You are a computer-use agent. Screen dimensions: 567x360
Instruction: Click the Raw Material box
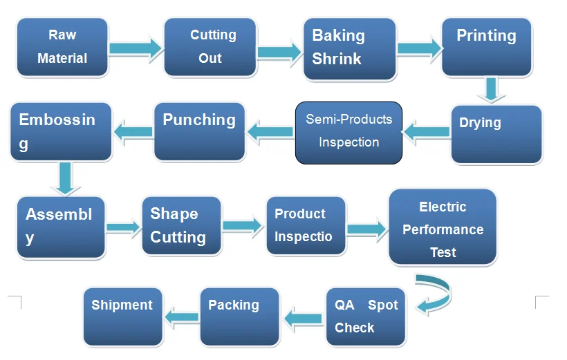pyautogui.click(x=62, y=47)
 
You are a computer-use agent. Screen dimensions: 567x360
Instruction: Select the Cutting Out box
pyautogui.click(x=210, y=47)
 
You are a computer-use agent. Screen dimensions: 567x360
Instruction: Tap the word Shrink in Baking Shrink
pyautogui.click(x=337, y=59)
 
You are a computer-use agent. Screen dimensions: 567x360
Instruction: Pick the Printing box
pyautogui.click(x=487, y=47)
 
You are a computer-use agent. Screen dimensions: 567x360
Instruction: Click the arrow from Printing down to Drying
pyautogui.click(x=491, y=90)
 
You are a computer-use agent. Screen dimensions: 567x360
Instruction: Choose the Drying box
pyautogui.click(x=496, y=135)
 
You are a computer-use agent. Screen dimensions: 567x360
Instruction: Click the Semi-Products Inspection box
pyautogui.click(x=349, y=133)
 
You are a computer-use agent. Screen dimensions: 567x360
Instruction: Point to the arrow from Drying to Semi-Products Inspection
pyautogui.click(x=427, y=132)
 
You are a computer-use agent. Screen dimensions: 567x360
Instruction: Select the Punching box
pyautogui.click(x=200, y=131)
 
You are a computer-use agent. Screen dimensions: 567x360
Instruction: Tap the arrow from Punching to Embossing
pyautogui.click(x=133, y=132)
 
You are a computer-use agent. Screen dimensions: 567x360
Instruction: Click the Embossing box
pyautogui.click(x=61, y=131)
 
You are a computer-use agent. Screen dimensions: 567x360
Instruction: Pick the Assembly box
pyautogui.click(x=61, y=227)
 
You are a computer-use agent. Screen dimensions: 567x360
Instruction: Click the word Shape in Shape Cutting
pyautogui.click(x=174, y=214)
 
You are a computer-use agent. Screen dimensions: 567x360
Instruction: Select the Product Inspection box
pyautogui.click(x=306, y=226)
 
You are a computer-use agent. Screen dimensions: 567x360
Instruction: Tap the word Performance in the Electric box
pyautogui.click(x=443, y=229)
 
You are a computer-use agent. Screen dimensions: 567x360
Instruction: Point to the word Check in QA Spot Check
pyautogui.click(x=354, y=328)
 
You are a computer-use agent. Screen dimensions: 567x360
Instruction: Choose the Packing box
pyautogui.click(x=240, y=317)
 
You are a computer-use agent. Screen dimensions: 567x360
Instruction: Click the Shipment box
pyautogui.click(x=123, y=317)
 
